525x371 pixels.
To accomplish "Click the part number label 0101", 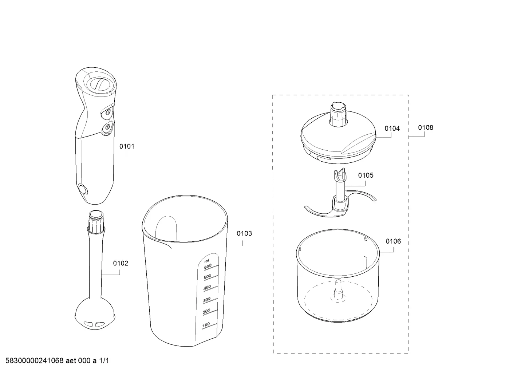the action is click(x=127, y=146).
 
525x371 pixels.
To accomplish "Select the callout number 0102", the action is click(x=121, y=264).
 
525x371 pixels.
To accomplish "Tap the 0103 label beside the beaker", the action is click(x=244, y=233).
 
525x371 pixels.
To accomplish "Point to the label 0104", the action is click(x=392, y=129).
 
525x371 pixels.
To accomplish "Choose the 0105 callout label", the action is click(x=366, y=175).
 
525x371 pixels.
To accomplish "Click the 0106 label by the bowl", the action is click(x=393, y=241).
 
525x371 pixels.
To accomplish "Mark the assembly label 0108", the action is click(x=426, y=127).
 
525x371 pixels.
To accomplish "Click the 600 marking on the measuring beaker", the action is click(x=208, y=266).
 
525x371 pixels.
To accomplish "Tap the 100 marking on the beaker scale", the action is click(x=206, y=325).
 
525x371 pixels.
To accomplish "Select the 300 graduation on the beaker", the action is click(x=207, y=300).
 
